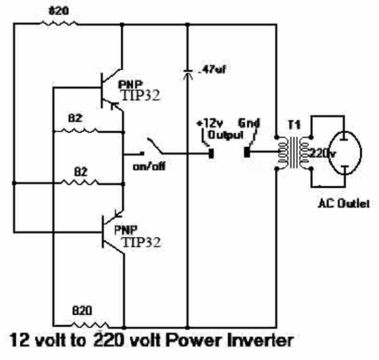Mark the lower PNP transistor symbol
[x=110, y=230]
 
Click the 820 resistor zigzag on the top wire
[x=61, y=23]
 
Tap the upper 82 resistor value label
[x=76, y=118]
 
